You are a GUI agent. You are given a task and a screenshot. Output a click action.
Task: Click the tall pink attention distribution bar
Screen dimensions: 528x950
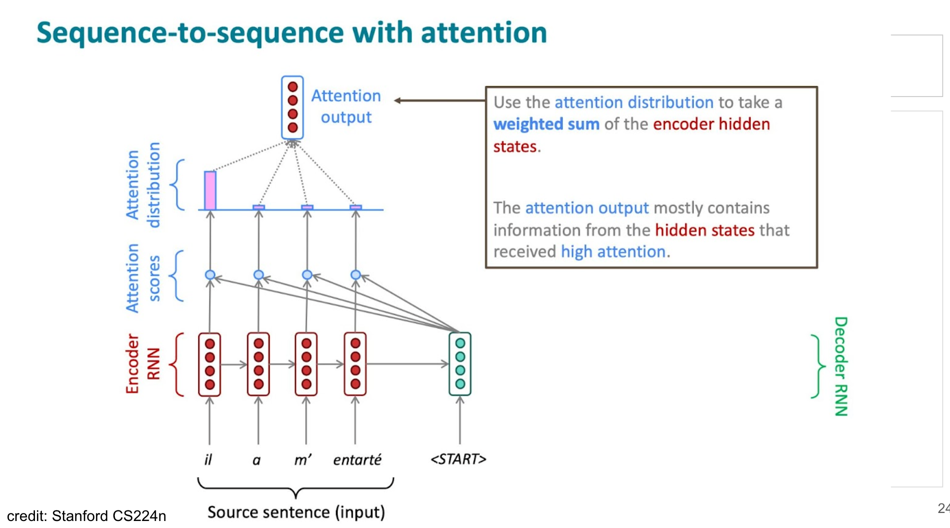pos(210,190)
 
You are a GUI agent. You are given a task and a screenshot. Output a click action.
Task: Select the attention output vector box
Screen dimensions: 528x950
pos(292,107)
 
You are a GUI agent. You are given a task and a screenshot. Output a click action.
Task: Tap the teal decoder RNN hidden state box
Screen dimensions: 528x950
pos(460,364)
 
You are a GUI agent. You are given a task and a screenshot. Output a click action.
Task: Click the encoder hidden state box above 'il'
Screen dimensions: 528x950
pos(210,364)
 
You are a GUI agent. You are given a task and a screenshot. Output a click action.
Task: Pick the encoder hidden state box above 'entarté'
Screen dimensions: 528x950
pos(355,364)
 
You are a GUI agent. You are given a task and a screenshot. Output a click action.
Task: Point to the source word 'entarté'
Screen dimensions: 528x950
pos(357,459)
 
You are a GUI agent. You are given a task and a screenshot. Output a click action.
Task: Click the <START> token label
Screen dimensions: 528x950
pos(458,459)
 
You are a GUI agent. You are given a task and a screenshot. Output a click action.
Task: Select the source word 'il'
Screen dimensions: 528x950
pos(208,459)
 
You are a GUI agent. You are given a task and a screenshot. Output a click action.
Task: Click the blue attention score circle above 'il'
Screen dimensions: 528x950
pos(210,275)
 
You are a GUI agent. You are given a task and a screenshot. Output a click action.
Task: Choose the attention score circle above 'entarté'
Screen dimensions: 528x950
pos(356,275)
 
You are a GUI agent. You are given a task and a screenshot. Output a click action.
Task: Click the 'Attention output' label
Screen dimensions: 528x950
pos(346,106)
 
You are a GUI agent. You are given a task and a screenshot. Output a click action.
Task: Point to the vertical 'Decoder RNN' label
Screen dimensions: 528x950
pos(841,366)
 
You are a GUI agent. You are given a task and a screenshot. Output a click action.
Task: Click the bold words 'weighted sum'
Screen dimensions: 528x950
pos(546,124)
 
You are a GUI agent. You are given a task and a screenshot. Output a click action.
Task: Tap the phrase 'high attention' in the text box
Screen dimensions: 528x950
pos(613,251)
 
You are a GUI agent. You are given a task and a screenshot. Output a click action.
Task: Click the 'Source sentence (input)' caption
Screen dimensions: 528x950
pos(296,512)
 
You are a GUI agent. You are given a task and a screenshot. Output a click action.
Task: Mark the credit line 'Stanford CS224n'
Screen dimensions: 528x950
pos(109,515)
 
